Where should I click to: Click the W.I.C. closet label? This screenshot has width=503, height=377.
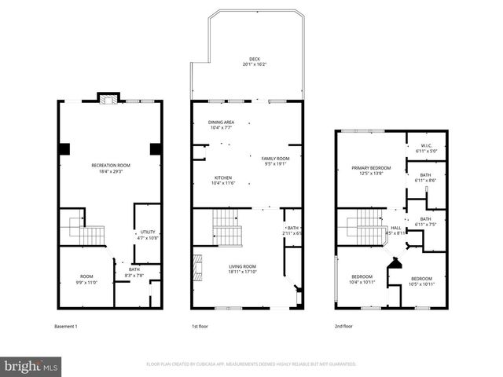tap(425, 146)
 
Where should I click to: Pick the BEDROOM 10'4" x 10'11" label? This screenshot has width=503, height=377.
tap(362, 279)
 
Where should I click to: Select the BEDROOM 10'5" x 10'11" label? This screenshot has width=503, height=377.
tap(421, 280)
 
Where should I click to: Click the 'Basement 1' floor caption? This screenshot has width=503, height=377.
tap(65, 326)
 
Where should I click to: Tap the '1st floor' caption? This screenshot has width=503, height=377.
tap(200, 326)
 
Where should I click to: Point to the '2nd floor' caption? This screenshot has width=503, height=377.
tap(343, 326)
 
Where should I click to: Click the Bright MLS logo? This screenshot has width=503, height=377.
tap(31, 366)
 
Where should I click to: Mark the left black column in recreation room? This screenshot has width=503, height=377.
tap(64, 148)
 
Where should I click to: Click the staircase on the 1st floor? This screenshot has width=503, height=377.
tap(226, 228)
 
